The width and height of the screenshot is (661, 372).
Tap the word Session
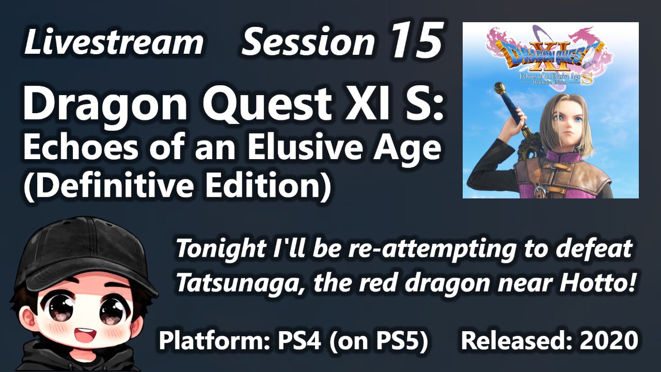tap(308, 43)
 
